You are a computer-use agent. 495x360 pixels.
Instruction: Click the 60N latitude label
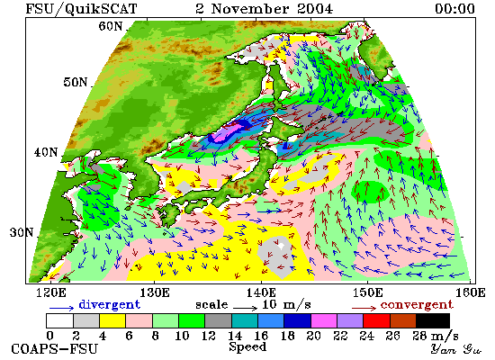pyautogui.click(x=110, y=26)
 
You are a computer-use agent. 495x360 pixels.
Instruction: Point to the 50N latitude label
pyautogui.click(x=75, y=82)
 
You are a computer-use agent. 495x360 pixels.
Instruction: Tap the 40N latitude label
pyautogui.click(x=46, y=152)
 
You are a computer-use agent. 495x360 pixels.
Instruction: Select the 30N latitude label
pyautogui.click(x=22, y=232)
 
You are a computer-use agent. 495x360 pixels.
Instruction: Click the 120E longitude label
pyautogui.click(x=51, y=292)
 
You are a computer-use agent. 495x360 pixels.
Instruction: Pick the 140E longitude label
pyautogui.click(x=261, y=292)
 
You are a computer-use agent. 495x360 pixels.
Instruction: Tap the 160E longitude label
pyautogui.click(x=471, y=292)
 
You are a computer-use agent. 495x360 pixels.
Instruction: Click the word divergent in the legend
pyautogui.click(x=109, y=304)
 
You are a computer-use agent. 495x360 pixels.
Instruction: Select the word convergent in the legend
pyautogui.click(x=417, y=305)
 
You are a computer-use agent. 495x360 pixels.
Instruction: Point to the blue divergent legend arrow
pyautogui.click(x=61, y=308)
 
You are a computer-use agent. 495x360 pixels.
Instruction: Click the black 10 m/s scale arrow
pyautogui.click(x=246, y=308)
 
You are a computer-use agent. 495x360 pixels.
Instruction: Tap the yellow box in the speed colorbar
pyautogui.click(x=112, y=320)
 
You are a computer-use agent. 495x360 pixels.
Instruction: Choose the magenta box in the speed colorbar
pyautogui.click(x=324, y=320)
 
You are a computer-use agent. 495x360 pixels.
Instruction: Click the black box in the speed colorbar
pyautogui.click(x=433, y=320)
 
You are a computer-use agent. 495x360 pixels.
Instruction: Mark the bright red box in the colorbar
pyautogui.click(x=376, y=320)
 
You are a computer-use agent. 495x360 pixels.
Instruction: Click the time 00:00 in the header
pyautogui.click(x=454, y=8)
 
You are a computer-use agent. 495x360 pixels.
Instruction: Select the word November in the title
pyautogui.click(x=249, y=8)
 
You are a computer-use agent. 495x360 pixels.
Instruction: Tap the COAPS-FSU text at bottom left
pyautogui.click(x=54, y=349)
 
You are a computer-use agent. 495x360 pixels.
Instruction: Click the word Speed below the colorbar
pyautogui.click(x=247, y=347)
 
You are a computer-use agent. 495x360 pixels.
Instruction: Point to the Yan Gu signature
pyautogui.click(x=456, y=349)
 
